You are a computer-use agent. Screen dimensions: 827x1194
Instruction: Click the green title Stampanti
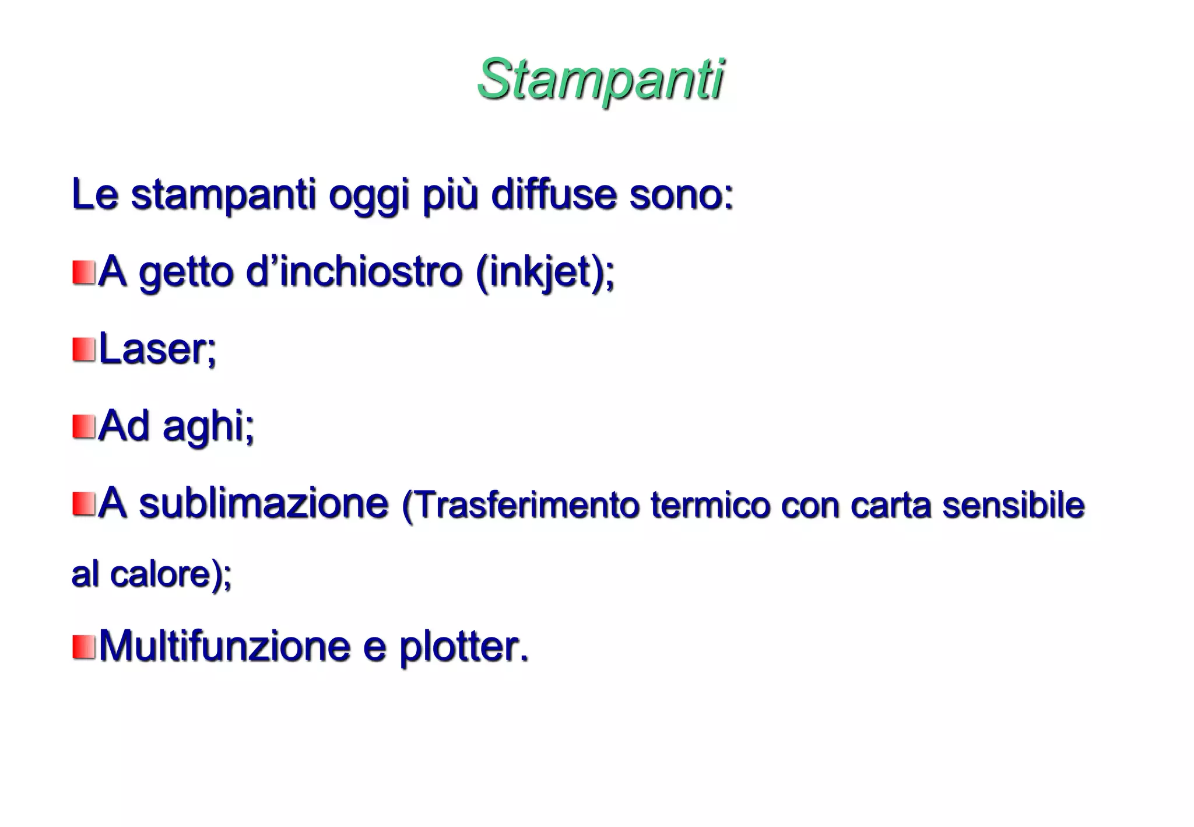coord(600,80)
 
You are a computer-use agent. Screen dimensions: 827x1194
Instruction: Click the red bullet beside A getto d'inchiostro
coord(84,272)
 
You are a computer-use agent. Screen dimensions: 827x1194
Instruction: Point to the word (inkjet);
coord(545,273)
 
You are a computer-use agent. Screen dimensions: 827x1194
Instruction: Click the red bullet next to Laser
coord(84,349)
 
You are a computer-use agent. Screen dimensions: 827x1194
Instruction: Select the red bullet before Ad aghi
coord(84,426)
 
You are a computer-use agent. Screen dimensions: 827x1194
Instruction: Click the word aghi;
coord(208,427)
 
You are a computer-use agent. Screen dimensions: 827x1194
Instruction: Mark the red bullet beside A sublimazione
coord(84,504)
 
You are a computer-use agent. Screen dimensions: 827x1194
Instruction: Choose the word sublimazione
coord(264,503)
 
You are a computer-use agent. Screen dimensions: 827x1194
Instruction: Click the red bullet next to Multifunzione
coord(84,647)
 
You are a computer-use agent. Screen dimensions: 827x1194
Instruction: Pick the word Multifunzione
coord(224,646)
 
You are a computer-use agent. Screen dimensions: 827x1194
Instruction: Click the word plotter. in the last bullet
coord(463,647)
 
